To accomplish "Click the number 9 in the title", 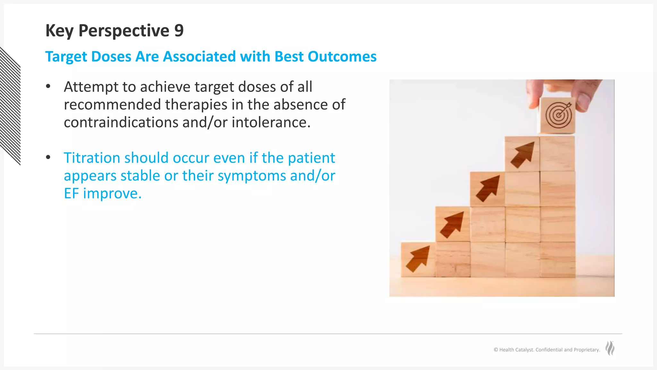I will (x=179, y=31).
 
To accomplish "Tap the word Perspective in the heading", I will (x=124, y=31).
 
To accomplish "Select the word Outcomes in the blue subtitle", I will (x=342, y=57).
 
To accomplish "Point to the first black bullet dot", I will (x=48, y=86).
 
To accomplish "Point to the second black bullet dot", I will (x=48, y=157).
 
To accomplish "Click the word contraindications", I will (x=121, y=122).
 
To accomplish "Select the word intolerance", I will (x=271, y=122).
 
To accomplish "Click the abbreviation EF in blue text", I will (x=71, y=193).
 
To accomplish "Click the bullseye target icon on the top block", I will (x=559, y=115).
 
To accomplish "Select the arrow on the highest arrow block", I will (x=523, y=155).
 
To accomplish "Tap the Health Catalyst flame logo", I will (x=610, y=348).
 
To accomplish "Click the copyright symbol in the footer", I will (x=496, y=350).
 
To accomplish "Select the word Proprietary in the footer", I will (x=586, y=350).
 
